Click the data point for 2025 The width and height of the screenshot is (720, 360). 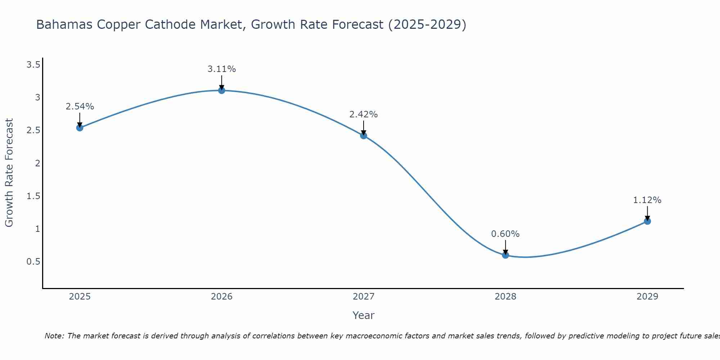pyautogui.click(x=80, y=128)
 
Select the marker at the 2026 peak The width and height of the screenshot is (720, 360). pyautogui.click(x=222, y=90)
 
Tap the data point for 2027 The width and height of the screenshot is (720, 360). pyautogui.click(x=364, y=136)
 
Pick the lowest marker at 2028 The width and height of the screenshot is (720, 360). pyautogui.click(x=505, y=255)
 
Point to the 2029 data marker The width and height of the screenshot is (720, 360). pyautogui.click(x=647, y=221)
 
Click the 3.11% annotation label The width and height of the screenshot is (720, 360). pyautogui.click(x=222, y=69)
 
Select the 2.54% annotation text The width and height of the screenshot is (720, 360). pyautogui.click(x=80, y=107)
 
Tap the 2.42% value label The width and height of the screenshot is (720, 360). pyautogui.click(x=364, y=114)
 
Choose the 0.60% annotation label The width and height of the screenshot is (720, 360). pyautogui.click(x=505, y=234)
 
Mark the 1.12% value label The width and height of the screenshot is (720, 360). pyautogui.click(x=647, y=200)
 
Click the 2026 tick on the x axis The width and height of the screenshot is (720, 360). pyautogui.click(x=222, y=297)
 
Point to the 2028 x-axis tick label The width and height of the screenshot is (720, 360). pyautogui.click(x=505, y=297)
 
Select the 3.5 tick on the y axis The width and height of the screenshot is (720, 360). pyautogui.click(x=33, y=65)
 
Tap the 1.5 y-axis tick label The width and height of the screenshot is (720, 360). pyautogui.click(x=33, y=196)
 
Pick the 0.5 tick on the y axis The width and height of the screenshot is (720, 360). pyautogui.click(x=33, y=262)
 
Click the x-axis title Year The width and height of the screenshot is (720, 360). pyautogui.click(x=364, y=315)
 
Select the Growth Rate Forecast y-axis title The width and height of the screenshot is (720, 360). pyautogui.click(x=9, y=173)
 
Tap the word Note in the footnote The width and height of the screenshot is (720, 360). pyautogui.click(x=54, y=336)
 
